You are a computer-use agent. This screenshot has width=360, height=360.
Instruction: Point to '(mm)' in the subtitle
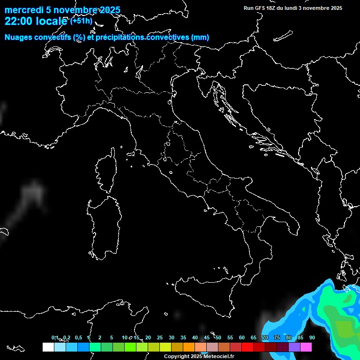tap(200, 37)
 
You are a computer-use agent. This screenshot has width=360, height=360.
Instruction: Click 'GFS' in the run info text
tap(262, 8)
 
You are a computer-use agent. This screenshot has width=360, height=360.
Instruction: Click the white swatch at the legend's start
tap(48, 347)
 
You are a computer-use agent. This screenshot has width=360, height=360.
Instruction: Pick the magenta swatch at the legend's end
tap(306, 347)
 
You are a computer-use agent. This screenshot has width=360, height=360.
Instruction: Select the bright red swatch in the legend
tap(247, 347)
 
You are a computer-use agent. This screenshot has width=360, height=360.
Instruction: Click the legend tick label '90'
tap(312, 338)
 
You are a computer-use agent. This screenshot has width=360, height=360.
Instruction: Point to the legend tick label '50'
tap(218, 338)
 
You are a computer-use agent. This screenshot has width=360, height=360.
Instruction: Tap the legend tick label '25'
tap(159, 338)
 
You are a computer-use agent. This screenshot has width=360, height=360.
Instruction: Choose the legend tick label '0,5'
tap(78, 338)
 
